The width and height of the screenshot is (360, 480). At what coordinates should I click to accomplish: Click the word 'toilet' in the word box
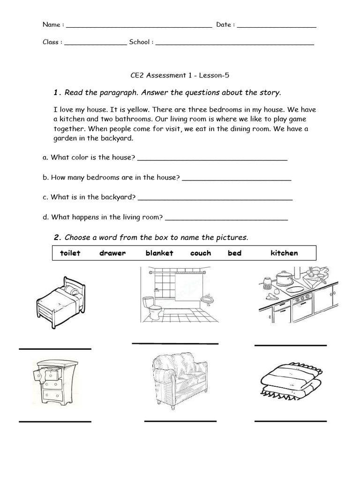(70, 253)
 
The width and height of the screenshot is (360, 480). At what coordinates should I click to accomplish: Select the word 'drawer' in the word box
(112, 253)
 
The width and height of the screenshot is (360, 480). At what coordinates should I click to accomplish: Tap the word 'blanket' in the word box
(159, 253)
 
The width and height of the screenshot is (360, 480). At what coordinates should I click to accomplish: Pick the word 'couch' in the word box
(201, 253)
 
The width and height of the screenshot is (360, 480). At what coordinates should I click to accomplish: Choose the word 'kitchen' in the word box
(284, 253)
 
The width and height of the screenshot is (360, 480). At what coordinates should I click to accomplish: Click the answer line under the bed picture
(55, 349)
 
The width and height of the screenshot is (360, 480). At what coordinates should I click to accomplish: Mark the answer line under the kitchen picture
(290, 345)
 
